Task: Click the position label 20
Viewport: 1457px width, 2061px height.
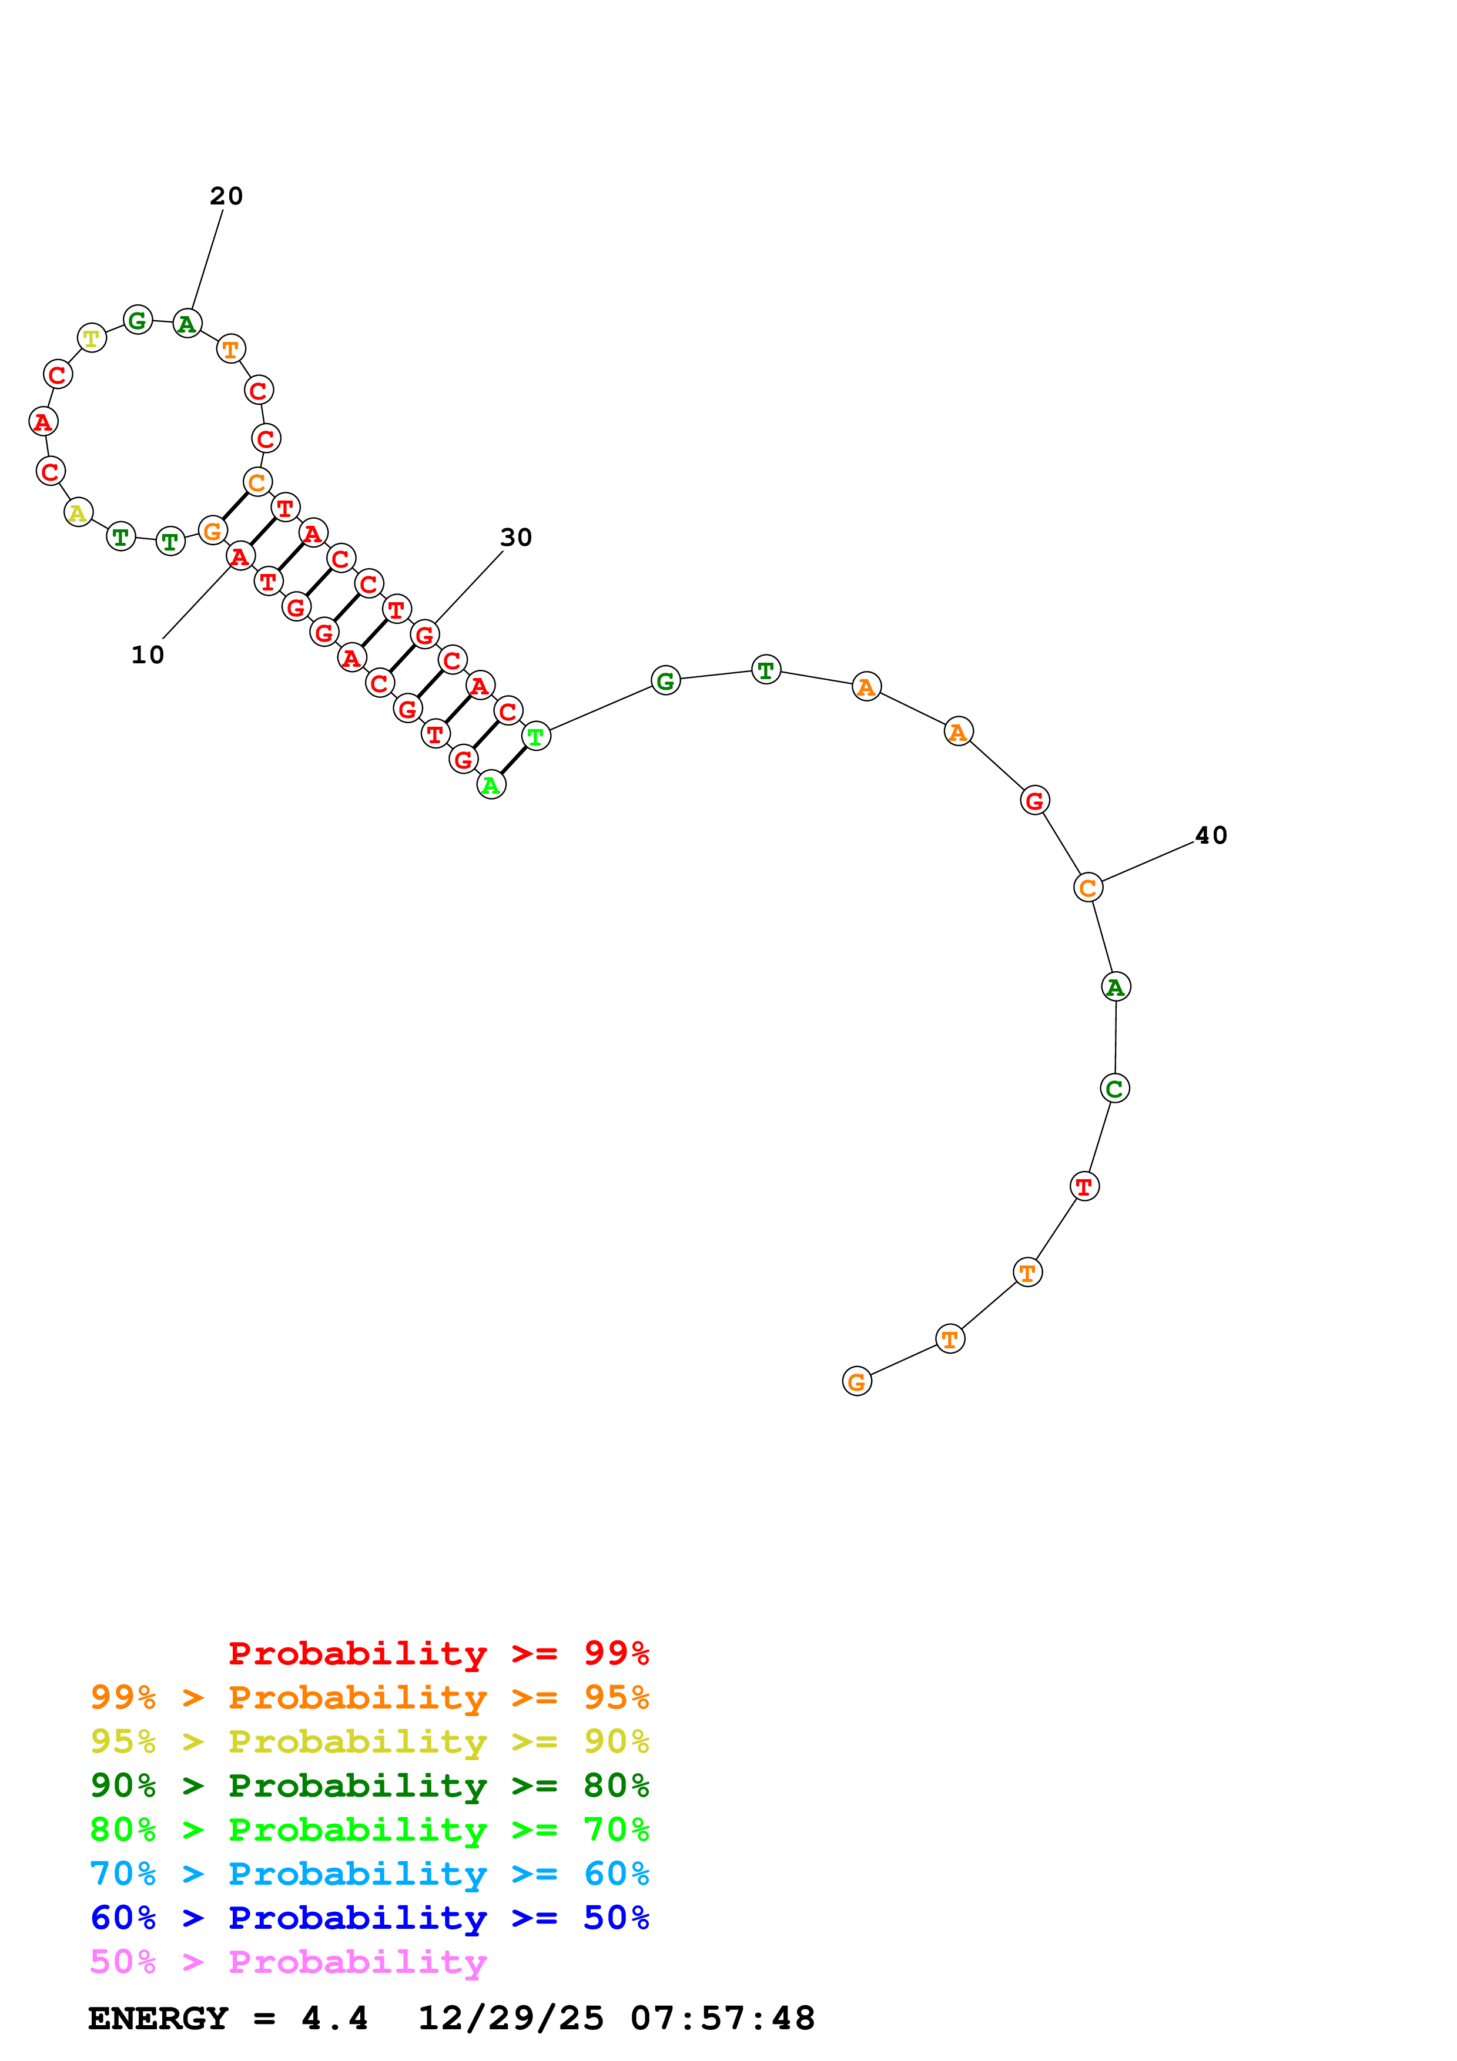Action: pos(226,196)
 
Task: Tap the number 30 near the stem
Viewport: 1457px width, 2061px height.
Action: pos(516,537)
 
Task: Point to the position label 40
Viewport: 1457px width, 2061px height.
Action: pos(1211,835)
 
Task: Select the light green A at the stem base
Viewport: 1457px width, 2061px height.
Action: pos(491,784)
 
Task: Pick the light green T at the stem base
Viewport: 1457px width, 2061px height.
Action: pos(536,736)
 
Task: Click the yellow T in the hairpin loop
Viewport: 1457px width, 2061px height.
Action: pos(92,338)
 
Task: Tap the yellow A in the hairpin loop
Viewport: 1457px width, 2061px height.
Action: pos(79,512)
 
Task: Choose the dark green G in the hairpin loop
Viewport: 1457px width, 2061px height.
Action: pos(138,320)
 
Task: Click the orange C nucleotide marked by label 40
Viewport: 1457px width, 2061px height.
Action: pos(1087,887)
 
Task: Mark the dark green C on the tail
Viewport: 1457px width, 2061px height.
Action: pos(1114,1088)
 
